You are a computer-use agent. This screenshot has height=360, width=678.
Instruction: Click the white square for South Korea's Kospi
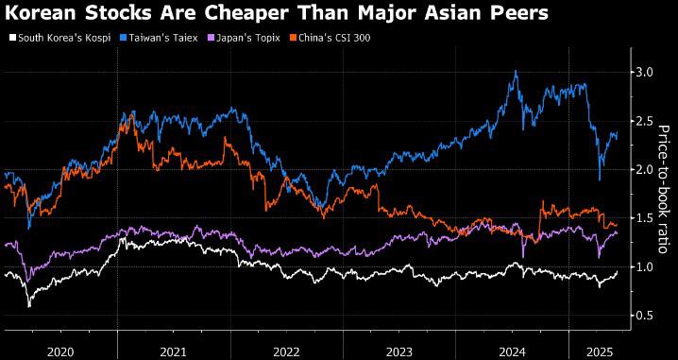(12, 38)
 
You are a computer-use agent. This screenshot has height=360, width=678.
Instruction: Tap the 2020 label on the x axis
(60, 351)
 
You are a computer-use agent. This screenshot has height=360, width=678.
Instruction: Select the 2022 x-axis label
(287, 351)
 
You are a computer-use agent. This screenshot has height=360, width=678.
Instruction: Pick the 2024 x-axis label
(514, 351)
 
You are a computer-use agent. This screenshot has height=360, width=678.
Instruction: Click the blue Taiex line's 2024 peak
(515, 71)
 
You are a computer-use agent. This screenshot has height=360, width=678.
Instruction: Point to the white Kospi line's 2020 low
(29, 306)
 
